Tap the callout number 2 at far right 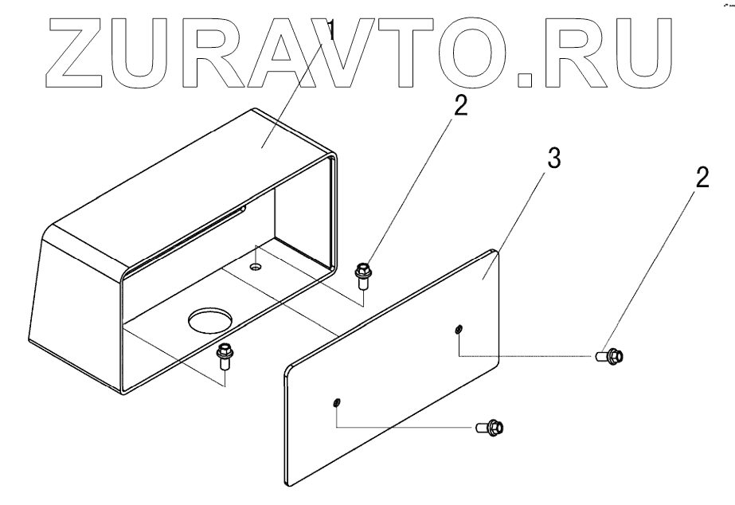tap(701, 178)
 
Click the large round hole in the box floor tap(209, 321)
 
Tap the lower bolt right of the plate tap(491, 428)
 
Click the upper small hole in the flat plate tap(459, 329)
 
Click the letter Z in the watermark tap(61, 49)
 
